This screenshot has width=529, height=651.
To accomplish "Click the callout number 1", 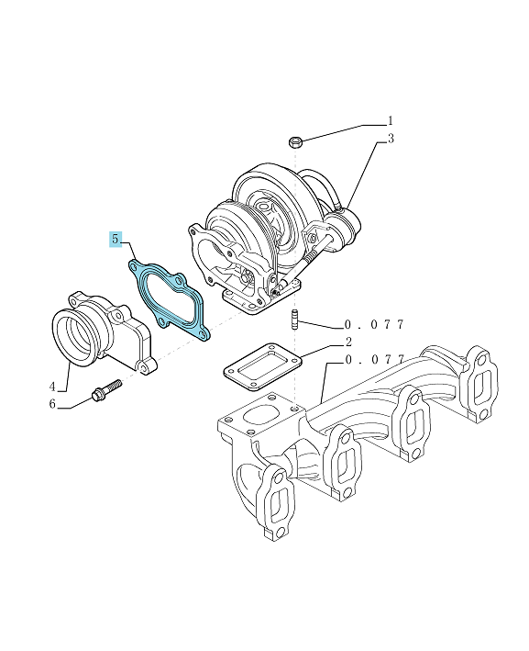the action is (391, 121).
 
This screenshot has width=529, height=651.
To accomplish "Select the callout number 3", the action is (391, 139).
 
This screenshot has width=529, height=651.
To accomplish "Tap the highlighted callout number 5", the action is (116, 239).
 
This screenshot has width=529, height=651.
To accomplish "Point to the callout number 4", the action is (52, 387).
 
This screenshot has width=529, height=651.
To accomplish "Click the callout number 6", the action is (52, 404).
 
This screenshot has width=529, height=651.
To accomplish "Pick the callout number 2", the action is (348, 342).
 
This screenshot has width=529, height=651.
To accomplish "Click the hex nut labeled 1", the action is (295, 142).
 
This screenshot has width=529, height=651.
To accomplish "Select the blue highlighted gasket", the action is (168, 300).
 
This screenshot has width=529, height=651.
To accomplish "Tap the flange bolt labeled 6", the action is (106, 390).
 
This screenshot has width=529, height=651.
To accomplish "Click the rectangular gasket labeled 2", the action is (262, 366).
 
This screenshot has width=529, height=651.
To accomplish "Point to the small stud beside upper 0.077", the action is (295, 320).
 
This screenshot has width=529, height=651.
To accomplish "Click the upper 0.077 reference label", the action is (374, 325).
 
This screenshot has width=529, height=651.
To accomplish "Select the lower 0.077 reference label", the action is (374, 360).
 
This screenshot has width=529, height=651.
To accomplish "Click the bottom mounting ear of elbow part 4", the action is (146, 366).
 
